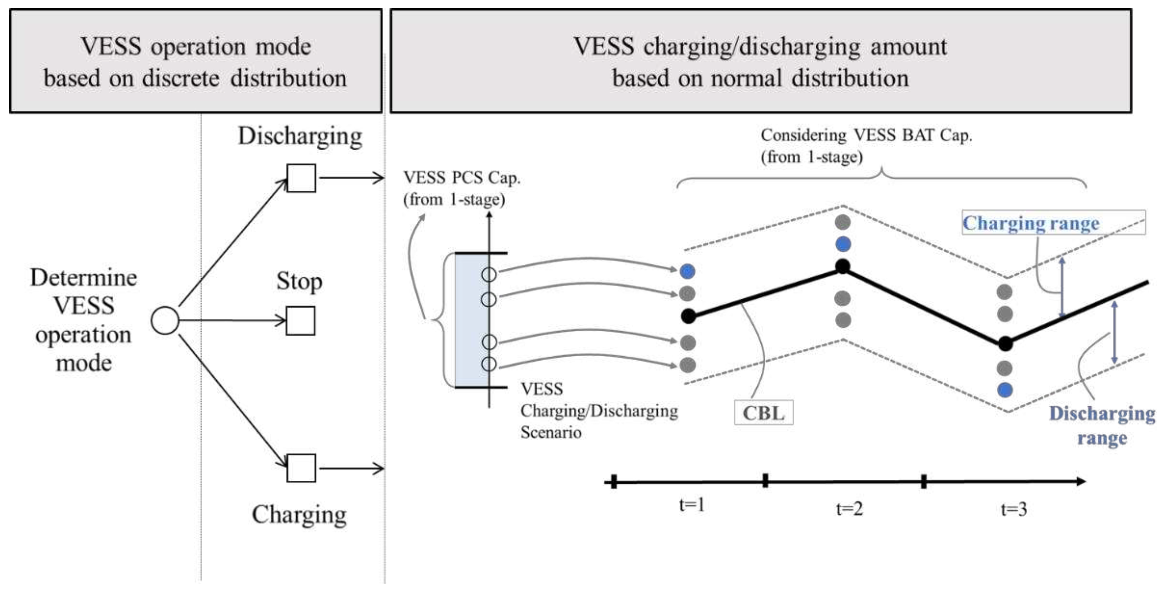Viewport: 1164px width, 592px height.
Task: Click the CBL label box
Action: pyautogui.click(x=763, y=412)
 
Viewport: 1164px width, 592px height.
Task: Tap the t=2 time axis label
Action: pyautogui.click(x=849, y=509)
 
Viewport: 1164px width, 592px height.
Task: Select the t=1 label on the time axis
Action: pyautogui.click(x=692, y=504)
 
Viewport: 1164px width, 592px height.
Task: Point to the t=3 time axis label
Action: pyautogui.click(x=1014, y=509)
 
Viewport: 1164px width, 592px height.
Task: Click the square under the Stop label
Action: pyautogui.click(x=301, y=321)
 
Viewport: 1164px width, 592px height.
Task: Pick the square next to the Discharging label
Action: pyautogui.click(x=301, y=178)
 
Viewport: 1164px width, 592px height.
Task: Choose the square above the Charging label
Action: pyautogui.click(x=301, y=468)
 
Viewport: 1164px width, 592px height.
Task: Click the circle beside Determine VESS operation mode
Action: pyautogui.click(x=165, y=320)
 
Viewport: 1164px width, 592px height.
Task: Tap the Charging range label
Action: pyautogui.click(x=1031, y=223)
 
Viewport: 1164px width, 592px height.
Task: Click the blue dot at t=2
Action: pyautogui.click(x=843, y=244)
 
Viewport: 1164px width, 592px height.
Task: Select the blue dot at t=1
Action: pyautogui.click(x=687, y=271)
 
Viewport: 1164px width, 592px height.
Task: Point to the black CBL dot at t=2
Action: pyautogui.click(x=843, y=266)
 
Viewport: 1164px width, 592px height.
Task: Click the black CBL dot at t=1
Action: pyautogui.click(x=688, y=316)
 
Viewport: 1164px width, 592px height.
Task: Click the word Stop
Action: pyautogui.click(x=299, y=281)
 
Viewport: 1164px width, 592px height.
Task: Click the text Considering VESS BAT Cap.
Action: pyautogui.click(x=866, y=135)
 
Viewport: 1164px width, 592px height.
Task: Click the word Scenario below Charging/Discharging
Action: pyautogui.click(x=550, y=432)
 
